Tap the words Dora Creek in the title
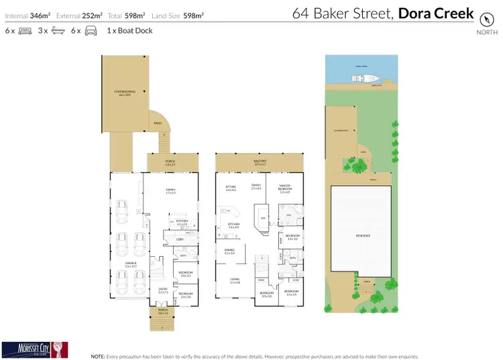pos(437,13)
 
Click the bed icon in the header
pos(25,31)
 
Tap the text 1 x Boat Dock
pos(129,31)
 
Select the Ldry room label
pos(179,239)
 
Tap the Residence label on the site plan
pos(363,235)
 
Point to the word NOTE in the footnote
pos(98,356)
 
